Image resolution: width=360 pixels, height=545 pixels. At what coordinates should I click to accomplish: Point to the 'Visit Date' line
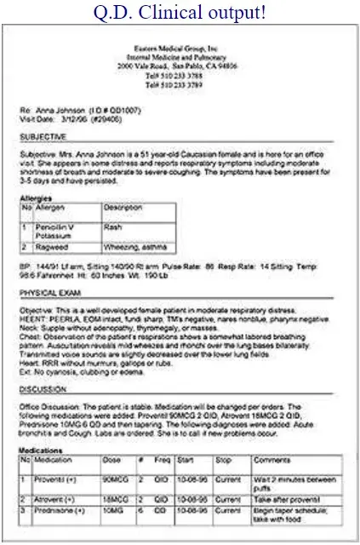[x=77, y=119]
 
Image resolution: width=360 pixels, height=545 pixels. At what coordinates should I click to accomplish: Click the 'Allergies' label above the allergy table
[x=37, y=198]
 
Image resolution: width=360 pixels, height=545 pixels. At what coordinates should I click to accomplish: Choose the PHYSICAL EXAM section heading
[x=56, y=291]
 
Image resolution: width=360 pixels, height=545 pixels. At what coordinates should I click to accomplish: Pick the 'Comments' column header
[x=272, y=461]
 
